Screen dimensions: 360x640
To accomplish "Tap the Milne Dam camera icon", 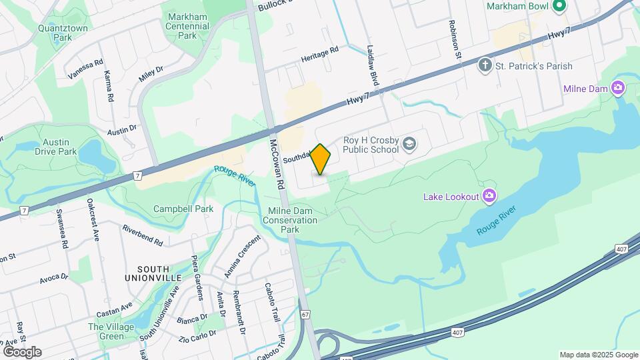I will pyautogui.click(x=618, y=88).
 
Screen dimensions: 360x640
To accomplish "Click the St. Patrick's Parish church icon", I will pyautogui.click(x=485, y=66).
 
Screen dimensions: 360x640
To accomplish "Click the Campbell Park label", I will pyautogui.click(x=183, y=209).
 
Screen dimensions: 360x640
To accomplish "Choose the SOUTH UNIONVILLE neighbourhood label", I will pyautogui.click(x=153, y=272).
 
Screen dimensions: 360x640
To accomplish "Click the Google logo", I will pyautogui.click(x=22, y=351).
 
